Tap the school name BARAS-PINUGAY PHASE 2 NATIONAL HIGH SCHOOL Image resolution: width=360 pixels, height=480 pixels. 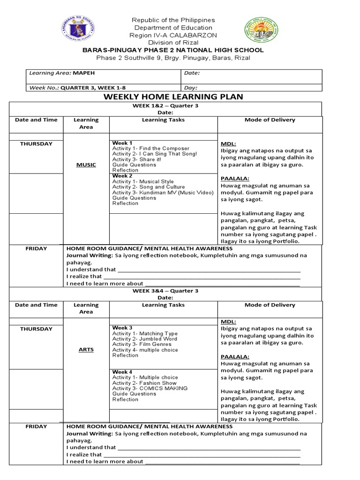pos(173,50)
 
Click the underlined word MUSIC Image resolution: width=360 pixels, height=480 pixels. pos(86,165)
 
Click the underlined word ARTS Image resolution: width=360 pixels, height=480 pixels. pos(86,350)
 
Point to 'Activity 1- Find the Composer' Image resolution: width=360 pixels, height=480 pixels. pos(151,149)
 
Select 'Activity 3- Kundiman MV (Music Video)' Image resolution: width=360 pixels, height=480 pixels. pos(157,192)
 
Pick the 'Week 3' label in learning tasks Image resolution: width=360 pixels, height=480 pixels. pos(122,328)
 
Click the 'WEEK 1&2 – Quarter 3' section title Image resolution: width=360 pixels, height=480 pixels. pos(165,106)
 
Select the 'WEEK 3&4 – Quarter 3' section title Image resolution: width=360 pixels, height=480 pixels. pos(165,291)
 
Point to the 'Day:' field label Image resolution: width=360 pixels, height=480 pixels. pos(191,88)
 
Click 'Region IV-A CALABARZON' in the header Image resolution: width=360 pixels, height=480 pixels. pos(173,36)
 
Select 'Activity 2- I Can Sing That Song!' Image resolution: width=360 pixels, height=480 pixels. pos(155,154)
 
